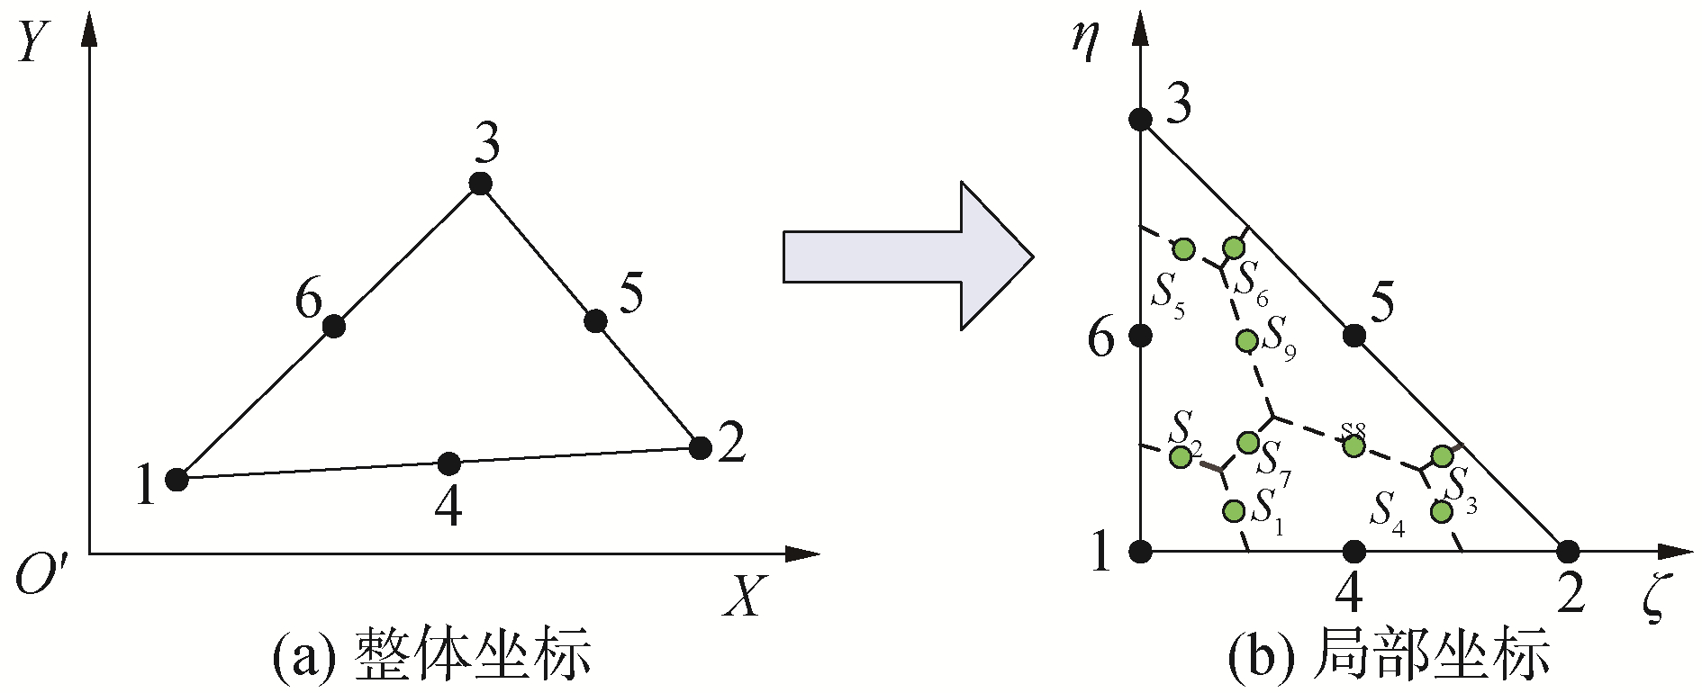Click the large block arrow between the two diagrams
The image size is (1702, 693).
(x=905, y=256)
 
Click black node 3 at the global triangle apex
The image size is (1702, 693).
(x=481, y=184)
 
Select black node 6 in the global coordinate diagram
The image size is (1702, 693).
(x=334, y=326)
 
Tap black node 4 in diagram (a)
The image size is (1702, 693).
(x=448, y=463)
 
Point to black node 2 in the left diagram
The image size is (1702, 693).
(x=700, y=446)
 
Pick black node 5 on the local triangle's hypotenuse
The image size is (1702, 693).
(x=1353, y=336)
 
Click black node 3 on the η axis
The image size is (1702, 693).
(x=1141, y=120)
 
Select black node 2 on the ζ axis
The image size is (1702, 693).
(x=1568, y=551)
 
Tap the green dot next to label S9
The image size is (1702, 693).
(x=1247, y=340)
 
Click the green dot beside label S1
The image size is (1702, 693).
(x=1234, y=510)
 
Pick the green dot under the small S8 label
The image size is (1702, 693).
(x=1353, y=445)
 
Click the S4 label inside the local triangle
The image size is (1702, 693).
(x=1387, y=512)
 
